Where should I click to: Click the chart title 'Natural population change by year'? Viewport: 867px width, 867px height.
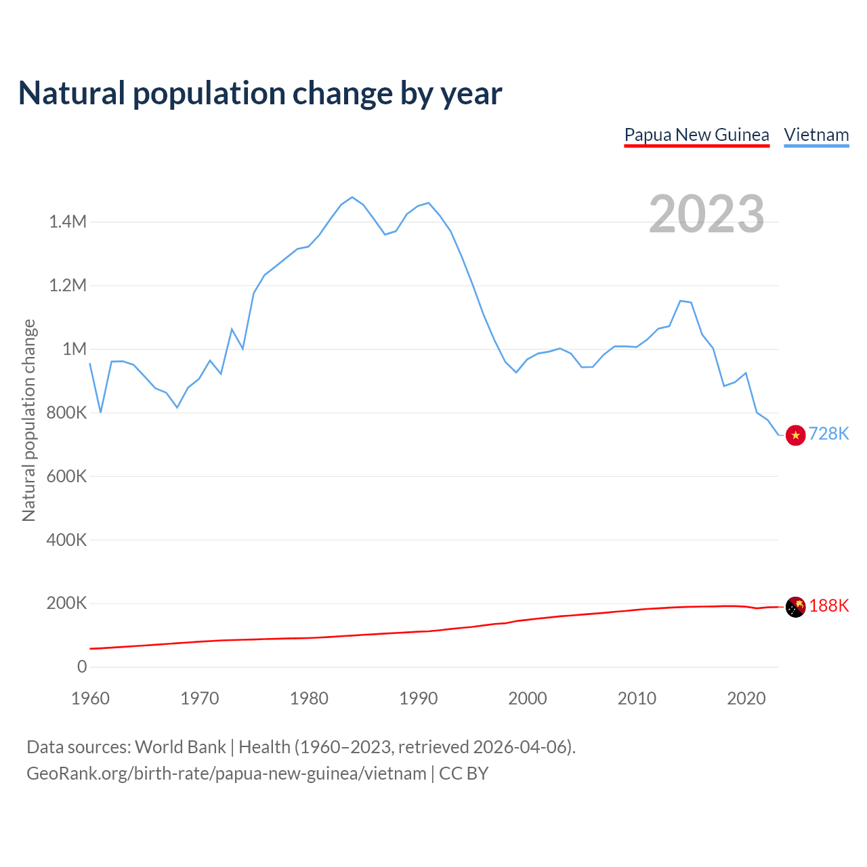click(260, 93)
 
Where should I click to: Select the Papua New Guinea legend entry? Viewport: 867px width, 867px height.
click(696, 135)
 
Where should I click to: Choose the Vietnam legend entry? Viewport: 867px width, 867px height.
click(816, 135)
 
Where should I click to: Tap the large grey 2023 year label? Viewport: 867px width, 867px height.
click(706, 214)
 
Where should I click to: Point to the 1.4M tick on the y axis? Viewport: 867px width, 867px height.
click(68, 221)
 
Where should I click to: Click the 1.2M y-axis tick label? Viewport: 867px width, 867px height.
click(68, 285)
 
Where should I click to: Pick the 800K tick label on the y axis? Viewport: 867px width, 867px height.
click(66, 413)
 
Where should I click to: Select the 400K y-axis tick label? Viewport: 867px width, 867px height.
click(66, 540)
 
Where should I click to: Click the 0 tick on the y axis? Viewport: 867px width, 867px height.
click(82, 667)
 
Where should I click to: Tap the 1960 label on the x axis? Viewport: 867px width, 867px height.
click(90, 698)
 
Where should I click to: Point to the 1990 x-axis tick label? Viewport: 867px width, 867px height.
click(418, 698)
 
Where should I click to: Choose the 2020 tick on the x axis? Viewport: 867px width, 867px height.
click(746, 698)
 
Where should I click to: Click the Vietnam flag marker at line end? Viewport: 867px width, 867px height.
click(795, 435)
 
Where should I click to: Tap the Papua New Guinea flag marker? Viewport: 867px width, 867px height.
click(795, 607)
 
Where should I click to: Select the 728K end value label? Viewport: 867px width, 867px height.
click(829, 433)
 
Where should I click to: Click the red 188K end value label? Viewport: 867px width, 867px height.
click(829, 606)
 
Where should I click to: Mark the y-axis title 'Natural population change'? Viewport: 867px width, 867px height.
click(28, 420)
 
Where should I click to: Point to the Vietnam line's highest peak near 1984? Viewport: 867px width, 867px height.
click(352, 197)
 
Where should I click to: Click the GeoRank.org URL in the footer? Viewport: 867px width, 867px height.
click(226, 774)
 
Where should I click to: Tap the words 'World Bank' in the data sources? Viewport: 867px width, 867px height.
click(180, 747)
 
